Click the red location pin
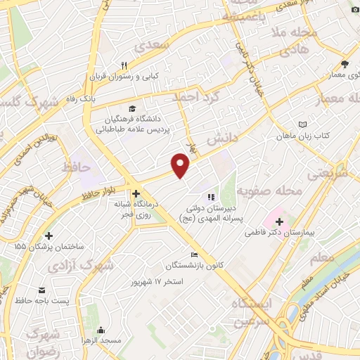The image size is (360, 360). coord(181,165)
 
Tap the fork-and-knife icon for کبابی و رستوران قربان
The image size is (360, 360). coord(124,65)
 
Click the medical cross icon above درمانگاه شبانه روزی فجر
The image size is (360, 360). coord(136,193)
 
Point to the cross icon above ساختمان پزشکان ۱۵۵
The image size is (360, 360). coord(48,236)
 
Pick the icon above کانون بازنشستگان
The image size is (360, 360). coord(195,255)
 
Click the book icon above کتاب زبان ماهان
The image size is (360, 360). coord(302,123)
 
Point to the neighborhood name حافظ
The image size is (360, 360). coord(77,168)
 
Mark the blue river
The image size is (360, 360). coord(345,264)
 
